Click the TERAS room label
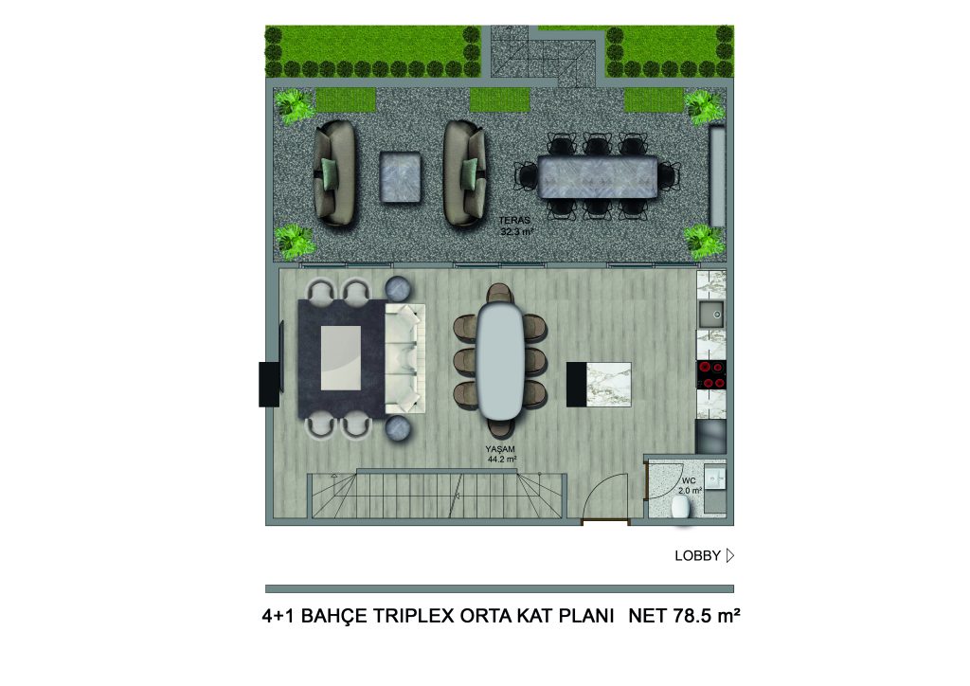pyautogui.click(x=514, y=220)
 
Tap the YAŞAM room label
pyautogui.click(x=500, y=449)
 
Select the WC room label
pyautogui.click(x=689, y=480)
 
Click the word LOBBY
pyautogui.click(x=697, y=555)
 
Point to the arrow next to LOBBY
pyautogui.click(x=730, y=555)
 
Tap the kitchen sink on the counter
pyautogui.click(x=711, y=315)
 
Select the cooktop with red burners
pyautogui.click(x=711, y=375)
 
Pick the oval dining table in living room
pyautogui.click(x=501, y=361)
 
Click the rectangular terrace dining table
pyautogui.click(x=597, y=177)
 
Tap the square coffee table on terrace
pyautogui.click(x=401, y=177)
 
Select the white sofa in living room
pyautogui.click(x=405, y=359)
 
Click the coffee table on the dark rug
pyautogui.click(x=341, y=358)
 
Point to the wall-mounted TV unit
pyautogui.click(x=270, y=384)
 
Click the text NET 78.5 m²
pyautogui.click(x=684, y=616)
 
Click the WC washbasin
pyautogui.click(x=715, y=478)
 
